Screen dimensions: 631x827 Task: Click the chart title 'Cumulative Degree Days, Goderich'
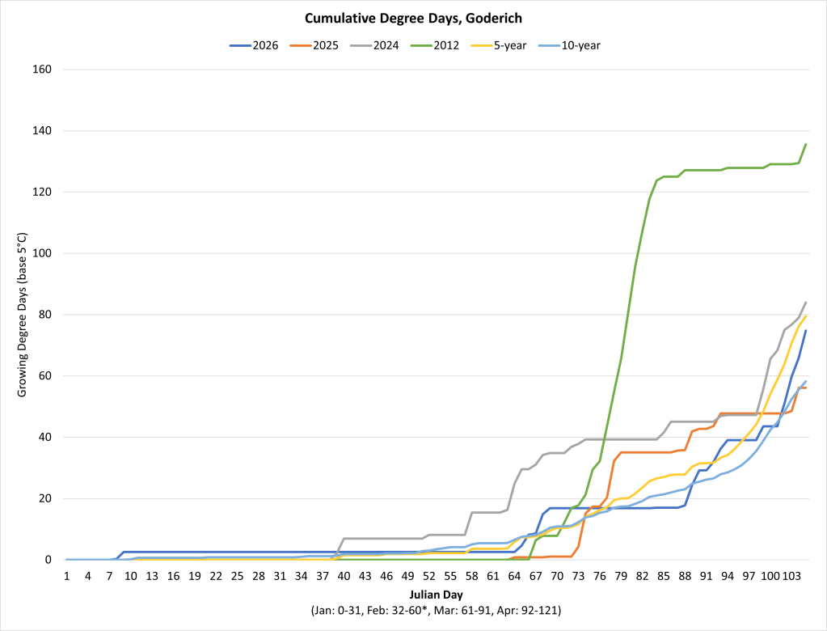[x=413, y=17]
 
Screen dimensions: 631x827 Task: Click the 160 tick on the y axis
[x=42, y=70]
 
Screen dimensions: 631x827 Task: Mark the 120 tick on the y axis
[x=42, y=192]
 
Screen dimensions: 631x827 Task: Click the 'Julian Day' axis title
[x=436, y=594]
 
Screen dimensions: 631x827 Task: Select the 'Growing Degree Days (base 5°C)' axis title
[x=23, y=315]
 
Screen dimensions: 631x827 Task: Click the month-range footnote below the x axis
[x=436, y=611]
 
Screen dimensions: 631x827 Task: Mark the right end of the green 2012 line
[x=806, y=144]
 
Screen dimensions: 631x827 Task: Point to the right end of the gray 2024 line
[x=806, y=303]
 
